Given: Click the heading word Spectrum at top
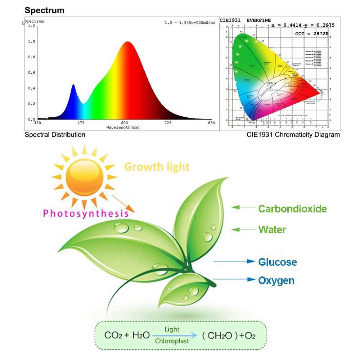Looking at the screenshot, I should tap(44, 10).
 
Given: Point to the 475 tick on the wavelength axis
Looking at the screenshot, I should tap(81, 123).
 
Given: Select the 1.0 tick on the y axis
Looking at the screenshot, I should tap(32, 41).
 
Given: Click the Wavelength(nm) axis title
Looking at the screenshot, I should tap(123, 128).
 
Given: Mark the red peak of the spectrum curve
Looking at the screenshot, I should tap(127, 42).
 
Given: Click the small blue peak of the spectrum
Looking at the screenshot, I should tap(73, 86).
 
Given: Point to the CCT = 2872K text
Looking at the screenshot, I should tap(312, 33).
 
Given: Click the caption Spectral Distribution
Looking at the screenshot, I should tap(55, 135).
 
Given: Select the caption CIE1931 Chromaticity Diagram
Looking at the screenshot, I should tap(293, 135).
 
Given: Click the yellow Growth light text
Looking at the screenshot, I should tap(157, 167).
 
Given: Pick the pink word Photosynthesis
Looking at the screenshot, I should tap(86, 213).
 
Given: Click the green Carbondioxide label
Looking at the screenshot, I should tap(292, 209).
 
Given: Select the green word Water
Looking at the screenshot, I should tap(272, 230).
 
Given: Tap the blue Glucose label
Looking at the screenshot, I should tap(278, 262).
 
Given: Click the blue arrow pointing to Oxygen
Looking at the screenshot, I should tap(234, 279).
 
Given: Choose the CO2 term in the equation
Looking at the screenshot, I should tap(113, 336).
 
